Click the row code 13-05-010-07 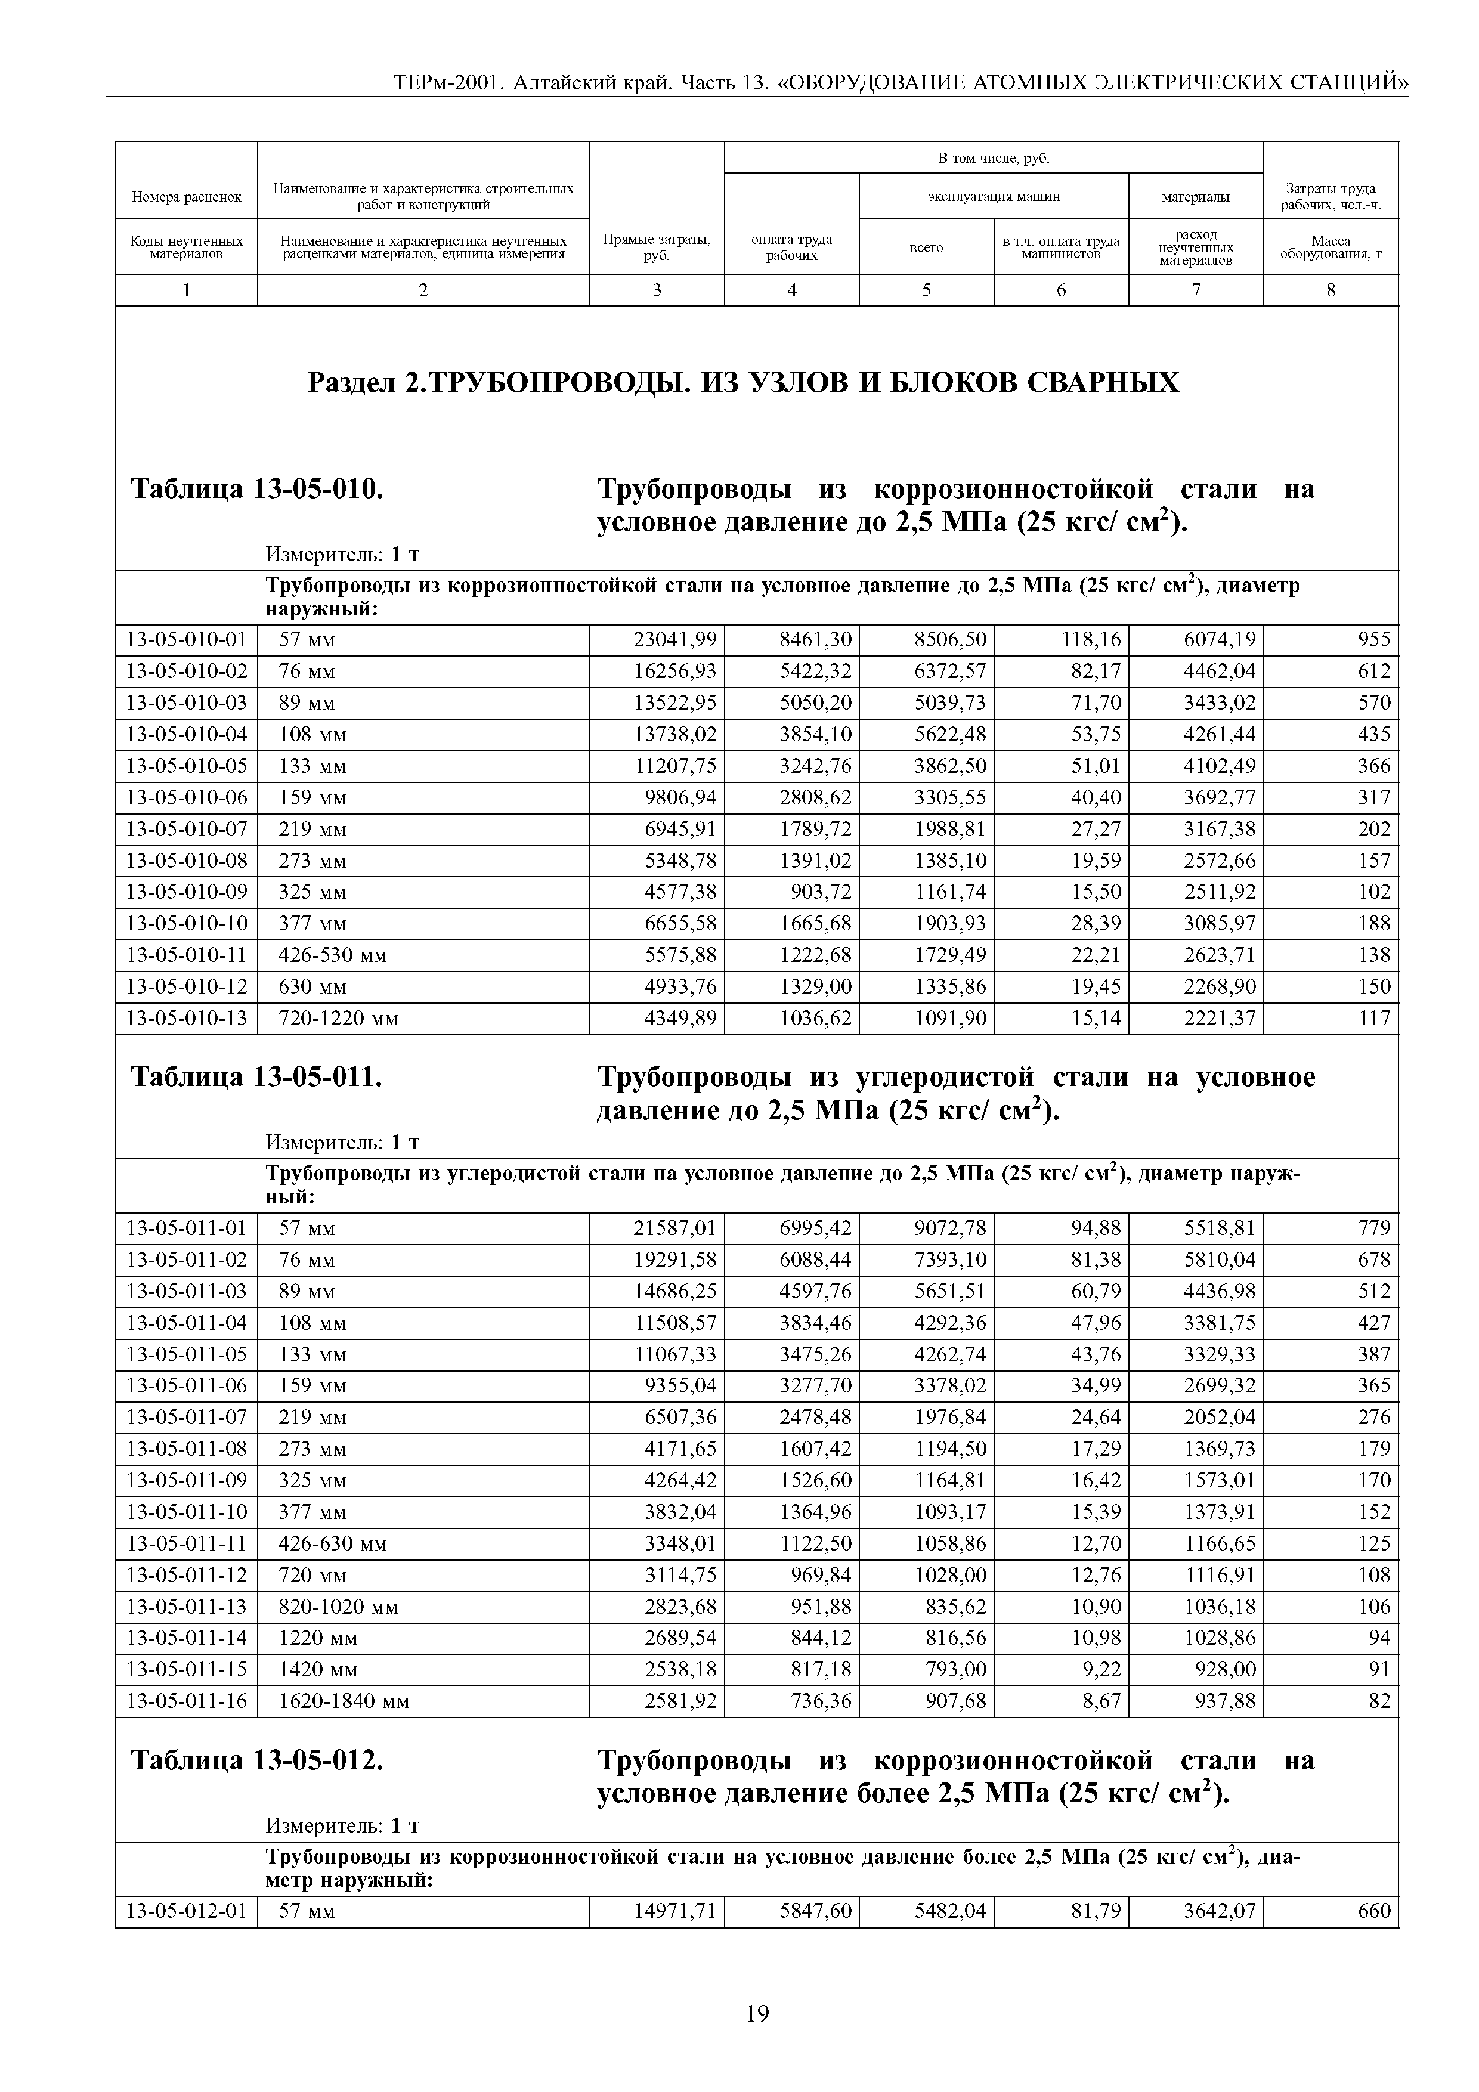186,829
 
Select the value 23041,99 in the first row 674,640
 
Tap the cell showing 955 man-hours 1374,640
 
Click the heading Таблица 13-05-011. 256,1077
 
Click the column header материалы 1196,196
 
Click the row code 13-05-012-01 186,1911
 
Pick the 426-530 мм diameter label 333,955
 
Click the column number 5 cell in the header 926,290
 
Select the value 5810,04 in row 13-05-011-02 1220,1260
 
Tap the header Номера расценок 186,196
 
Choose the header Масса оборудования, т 1331,247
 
